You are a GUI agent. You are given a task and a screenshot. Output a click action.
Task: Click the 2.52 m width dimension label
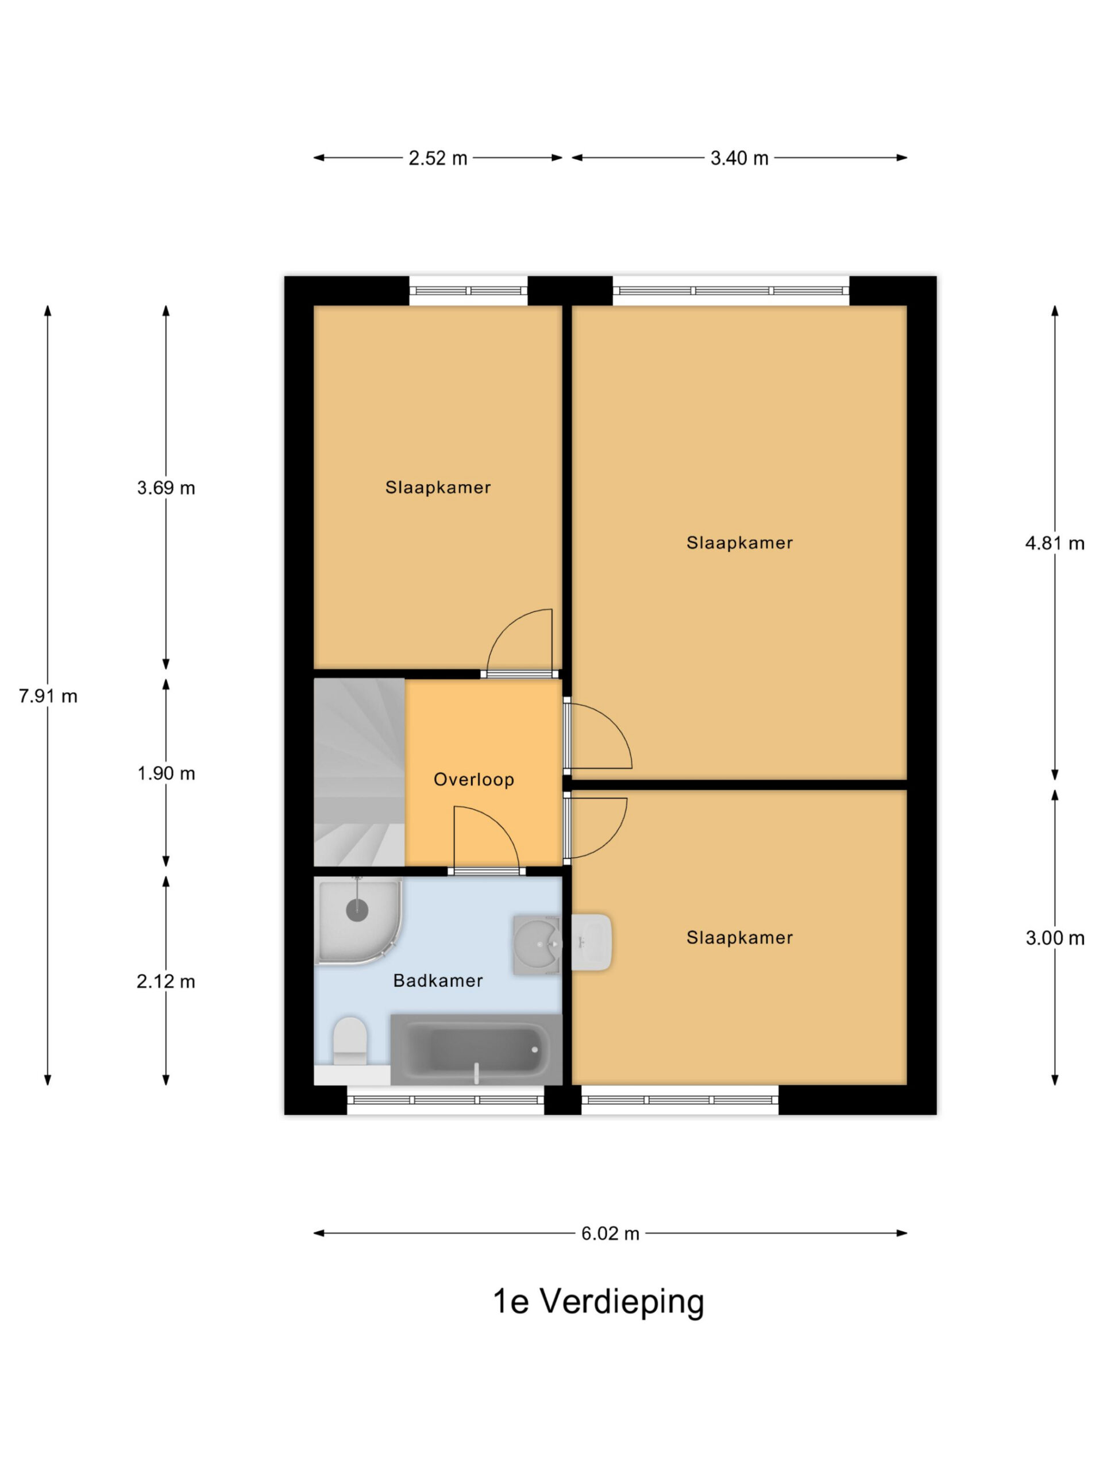[x=438, y=158]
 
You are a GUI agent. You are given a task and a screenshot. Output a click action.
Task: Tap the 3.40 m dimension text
[x=739, y=158]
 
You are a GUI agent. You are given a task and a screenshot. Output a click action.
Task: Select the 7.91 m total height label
[x=48, y=696]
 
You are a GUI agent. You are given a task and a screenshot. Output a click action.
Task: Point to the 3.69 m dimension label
[x=165, y=487]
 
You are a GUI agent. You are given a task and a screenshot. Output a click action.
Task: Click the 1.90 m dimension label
[x=165, y=773]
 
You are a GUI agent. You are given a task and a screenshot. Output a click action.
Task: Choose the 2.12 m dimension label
[x=165, y=981]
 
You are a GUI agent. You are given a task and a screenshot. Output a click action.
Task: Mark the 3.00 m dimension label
[x=1055, y=938]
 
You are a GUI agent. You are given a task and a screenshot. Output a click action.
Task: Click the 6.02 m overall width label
[x=610, y=1233]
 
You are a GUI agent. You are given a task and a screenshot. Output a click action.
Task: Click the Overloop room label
[x=473, y=779]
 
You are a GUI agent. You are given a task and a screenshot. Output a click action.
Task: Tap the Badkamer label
[x=438, y=980]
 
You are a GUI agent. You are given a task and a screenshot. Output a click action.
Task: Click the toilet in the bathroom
[x=350, y=1040]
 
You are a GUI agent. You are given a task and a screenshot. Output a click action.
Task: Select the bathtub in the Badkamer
[x=476, y=1049]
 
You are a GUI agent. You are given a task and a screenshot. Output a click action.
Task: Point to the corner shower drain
[x=357, y=910]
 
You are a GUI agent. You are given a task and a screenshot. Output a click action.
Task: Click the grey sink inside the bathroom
[x=537, y=945]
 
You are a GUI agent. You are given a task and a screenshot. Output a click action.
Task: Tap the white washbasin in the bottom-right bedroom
[x=591, y=942]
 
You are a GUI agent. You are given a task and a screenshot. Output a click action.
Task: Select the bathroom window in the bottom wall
[x=445, y=1100]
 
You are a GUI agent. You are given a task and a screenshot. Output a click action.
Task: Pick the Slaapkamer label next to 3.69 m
[x=438, y=487]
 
